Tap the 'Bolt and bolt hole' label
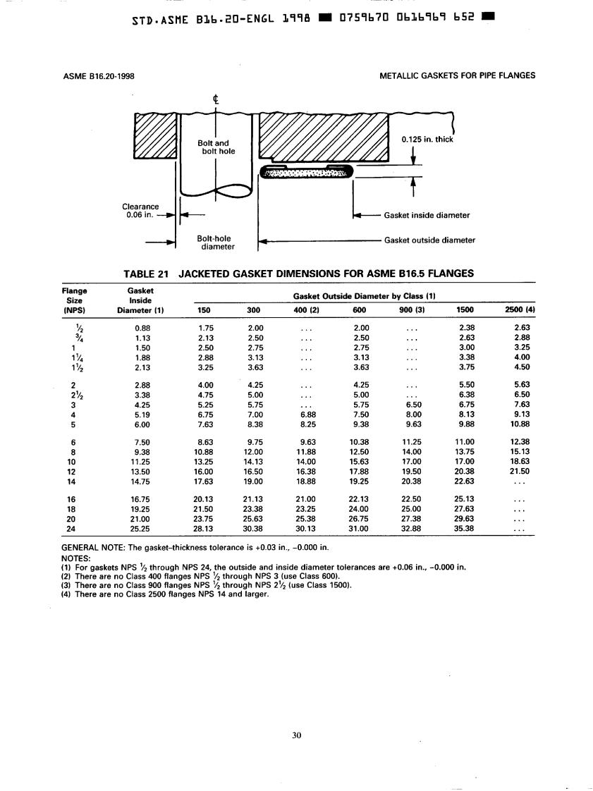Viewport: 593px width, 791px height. tap(213, 147)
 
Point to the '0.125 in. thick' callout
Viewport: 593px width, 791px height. tap(426, 139)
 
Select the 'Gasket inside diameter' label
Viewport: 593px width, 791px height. tap(427, 215)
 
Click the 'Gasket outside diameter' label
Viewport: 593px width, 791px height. tap(429, 240)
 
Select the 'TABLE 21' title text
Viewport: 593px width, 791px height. tap(147, 274)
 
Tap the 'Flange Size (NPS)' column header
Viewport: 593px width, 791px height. tap(75, 299)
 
